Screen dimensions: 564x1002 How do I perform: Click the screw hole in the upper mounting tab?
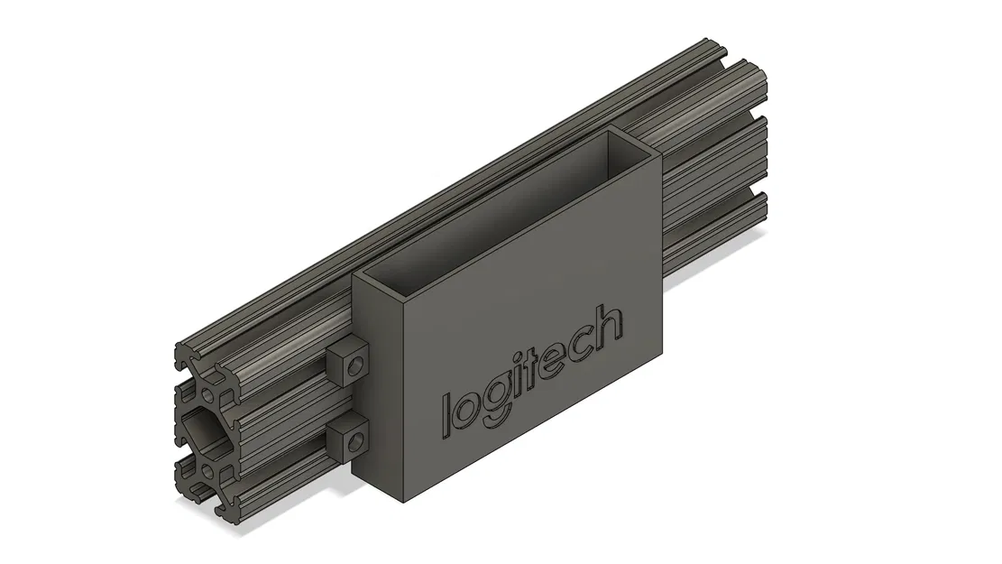tap(359, 364)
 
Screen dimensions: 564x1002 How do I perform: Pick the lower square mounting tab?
tap(345, 439)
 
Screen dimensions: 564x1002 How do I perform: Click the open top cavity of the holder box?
tap(505, 208)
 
